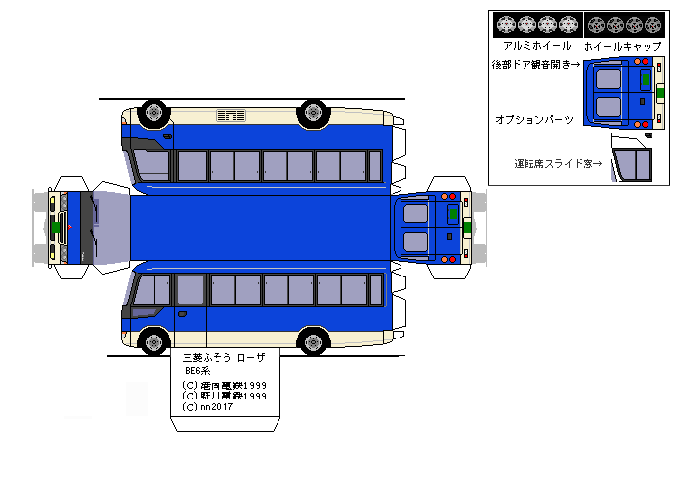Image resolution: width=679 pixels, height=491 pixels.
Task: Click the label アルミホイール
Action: [536, 46]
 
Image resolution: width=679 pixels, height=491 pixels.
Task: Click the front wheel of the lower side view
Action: [154, 342]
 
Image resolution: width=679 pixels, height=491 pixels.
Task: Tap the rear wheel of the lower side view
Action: [314, 342]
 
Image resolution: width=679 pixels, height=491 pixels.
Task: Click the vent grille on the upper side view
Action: [231, 116]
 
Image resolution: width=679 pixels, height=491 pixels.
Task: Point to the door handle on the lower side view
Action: [182, 314]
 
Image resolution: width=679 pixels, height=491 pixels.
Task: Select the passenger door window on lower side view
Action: [190, 289]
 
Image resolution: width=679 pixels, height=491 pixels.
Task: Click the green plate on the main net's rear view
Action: [453, 213]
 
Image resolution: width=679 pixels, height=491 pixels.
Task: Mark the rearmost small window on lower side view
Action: [375, 289]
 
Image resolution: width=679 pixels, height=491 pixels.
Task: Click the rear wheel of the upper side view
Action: [314, 112]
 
